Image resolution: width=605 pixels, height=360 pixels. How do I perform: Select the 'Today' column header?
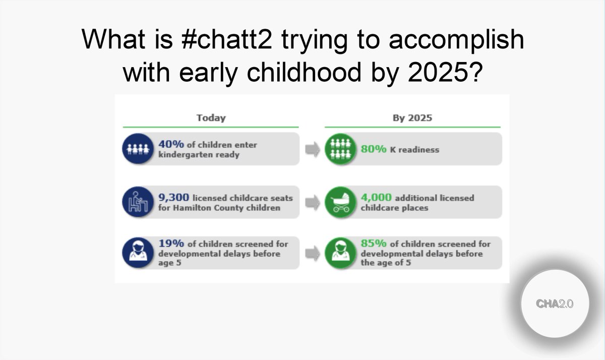click(211, 118)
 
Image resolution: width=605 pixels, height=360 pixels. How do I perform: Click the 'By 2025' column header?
click(412, 118)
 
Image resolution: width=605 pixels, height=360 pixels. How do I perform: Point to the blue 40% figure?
click(170, 145)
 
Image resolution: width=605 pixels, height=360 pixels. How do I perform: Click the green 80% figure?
click(373, 149)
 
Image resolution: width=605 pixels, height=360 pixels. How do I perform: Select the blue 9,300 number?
click(174, 198)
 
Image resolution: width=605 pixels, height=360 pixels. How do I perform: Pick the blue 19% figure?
click(170, 244)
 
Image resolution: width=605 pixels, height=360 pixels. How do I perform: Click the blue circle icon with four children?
click(137, 149)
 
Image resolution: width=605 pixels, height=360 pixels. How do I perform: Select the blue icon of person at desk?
click(137, 202)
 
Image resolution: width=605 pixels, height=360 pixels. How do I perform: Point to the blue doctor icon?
click(137, 253)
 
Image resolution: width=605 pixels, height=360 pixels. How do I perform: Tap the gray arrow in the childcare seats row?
click(313, 202)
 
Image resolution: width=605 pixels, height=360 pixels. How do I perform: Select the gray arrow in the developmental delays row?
click(313, 253)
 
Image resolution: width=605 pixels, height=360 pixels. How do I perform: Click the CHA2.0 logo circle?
click(555, 304)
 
